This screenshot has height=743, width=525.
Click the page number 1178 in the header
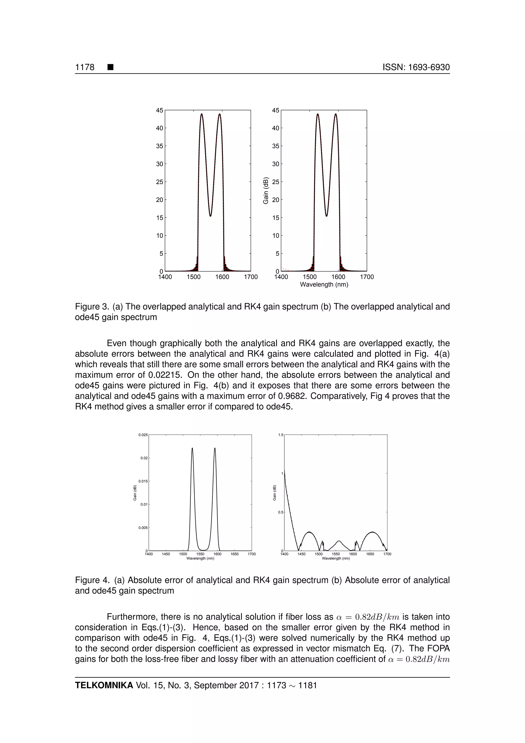pyautogui.click(x=85, y=67)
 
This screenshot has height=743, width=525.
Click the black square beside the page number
pyautogui.click(x=110, y=67)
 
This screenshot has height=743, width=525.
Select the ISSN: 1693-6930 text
pyautogui.click(x=416, y=67)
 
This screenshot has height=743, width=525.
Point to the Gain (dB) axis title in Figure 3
pyautogui.click(x=266, y=191)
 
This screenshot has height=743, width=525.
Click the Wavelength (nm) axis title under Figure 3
pyautogui.click(x=324, y=285)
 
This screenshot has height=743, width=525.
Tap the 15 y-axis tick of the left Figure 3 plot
pyautogui.click(x=160, y=218)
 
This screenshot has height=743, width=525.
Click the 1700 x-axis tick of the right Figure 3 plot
pyautogui.click(x=367, y=277)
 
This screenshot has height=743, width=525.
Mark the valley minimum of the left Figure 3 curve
pyautogui.click(x=210, y=216)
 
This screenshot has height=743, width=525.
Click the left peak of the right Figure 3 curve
pyautogui.click(x=318, y=114)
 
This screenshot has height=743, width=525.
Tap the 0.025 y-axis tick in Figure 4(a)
pyautogui.click(x=143, y=435)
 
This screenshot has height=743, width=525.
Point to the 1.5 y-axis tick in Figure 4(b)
pyautogui.click(x=281, y=435)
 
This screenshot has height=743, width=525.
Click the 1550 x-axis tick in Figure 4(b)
pyautogui.click(x=336, y=554)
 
